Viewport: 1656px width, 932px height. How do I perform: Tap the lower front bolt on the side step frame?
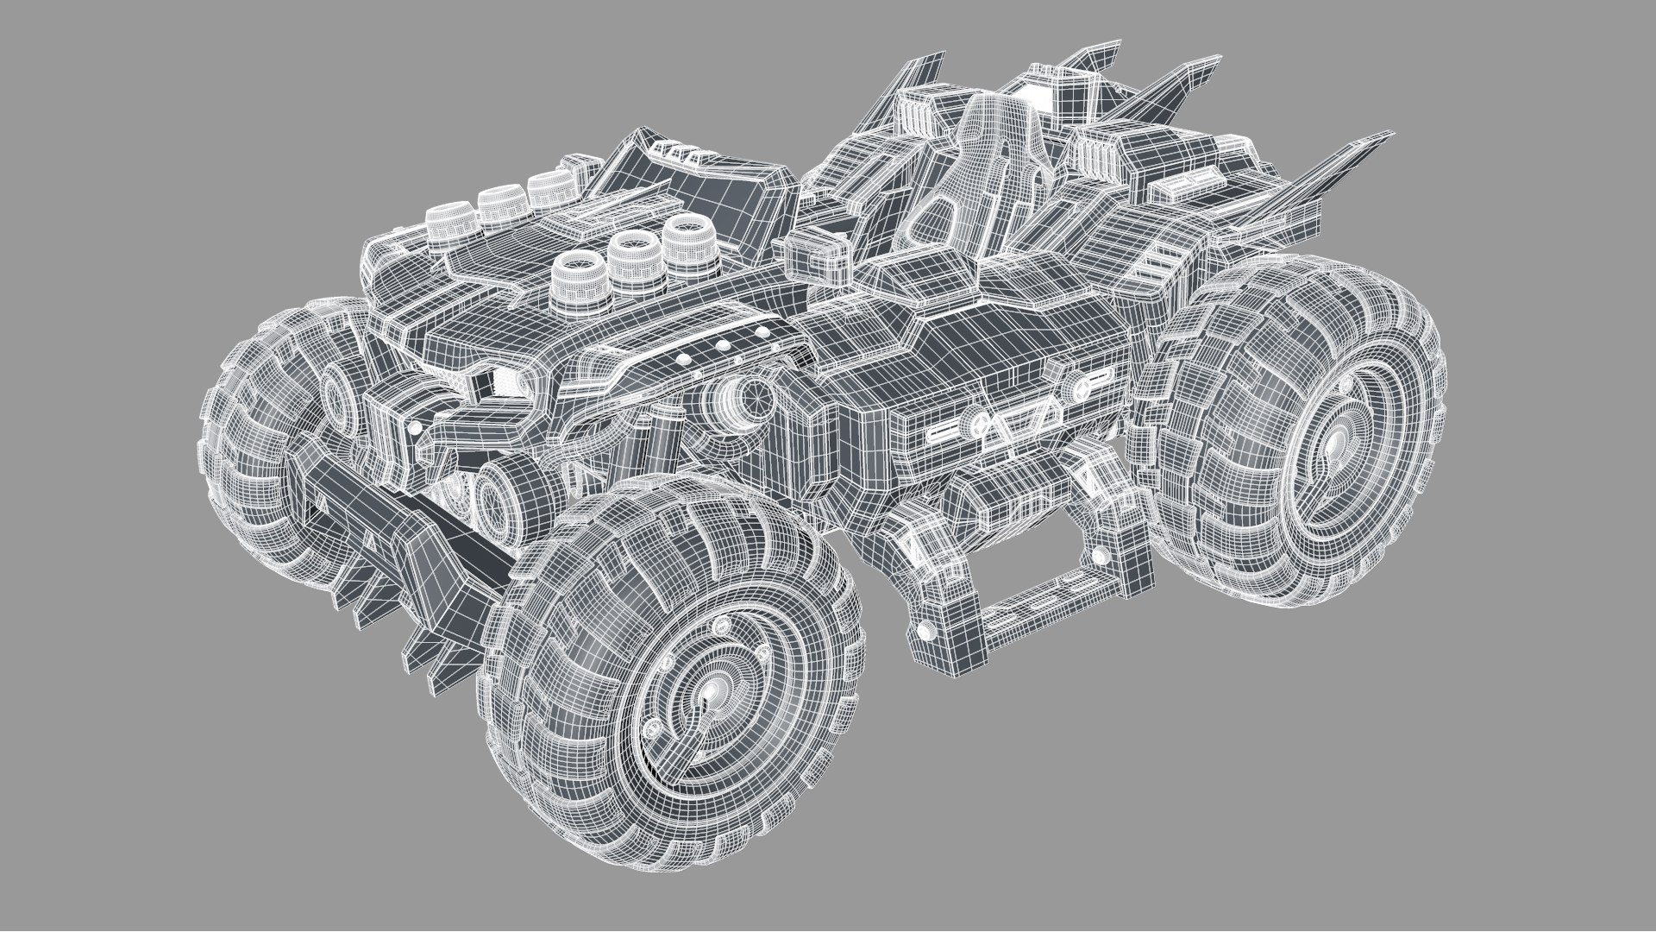(x=925, y=633)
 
